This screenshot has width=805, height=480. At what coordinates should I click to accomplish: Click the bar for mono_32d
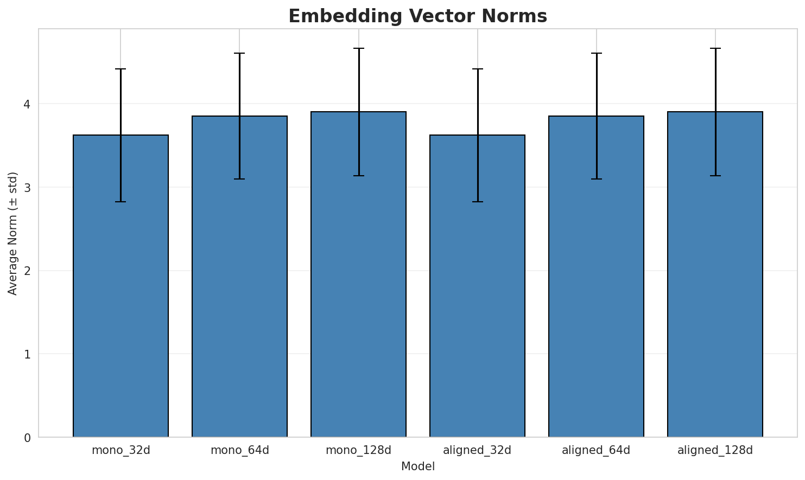point(121,286)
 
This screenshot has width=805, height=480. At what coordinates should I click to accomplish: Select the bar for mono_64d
point(240,277)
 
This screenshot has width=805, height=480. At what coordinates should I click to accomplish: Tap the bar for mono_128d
point(359,274)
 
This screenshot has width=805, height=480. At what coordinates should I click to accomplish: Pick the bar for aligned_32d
point(478,286)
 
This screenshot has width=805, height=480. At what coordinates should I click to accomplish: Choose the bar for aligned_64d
point(597,277)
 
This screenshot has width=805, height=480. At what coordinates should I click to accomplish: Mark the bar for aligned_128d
point(715,274)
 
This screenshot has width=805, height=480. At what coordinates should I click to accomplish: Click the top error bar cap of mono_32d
point(121,69)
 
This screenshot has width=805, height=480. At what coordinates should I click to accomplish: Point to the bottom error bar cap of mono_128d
point(359,176)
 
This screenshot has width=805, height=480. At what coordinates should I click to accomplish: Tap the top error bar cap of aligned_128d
point(715,48)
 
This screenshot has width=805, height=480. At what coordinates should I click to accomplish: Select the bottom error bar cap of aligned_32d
point(478,202)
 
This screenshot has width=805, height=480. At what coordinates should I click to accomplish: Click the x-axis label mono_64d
point(240,450)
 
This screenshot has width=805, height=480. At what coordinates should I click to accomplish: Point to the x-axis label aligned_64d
point(596,450)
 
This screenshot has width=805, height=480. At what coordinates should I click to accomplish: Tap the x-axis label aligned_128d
point(715,450)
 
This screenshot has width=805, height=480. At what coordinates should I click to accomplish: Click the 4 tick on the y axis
point(27,104)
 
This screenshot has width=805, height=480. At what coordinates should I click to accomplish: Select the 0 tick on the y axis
point(27,438)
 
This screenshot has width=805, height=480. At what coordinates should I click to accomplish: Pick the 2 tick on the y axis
point(27,271)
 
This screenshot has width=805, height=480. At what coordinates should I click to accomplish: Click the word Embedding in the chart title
point(345,17)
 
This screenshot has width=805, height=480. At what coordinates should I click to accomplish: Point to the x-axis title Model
point(418,466)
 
